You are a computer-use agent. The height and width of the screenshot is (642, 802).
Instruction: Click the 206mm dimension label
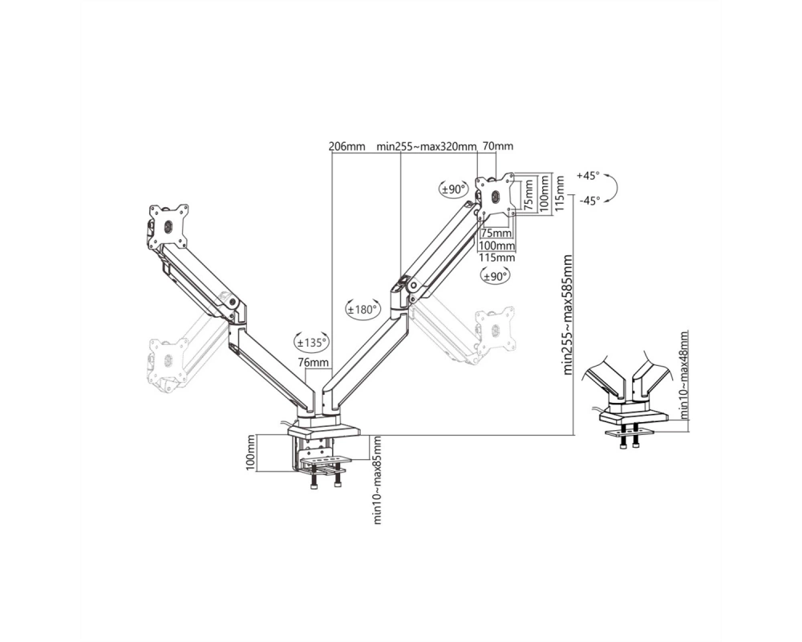coord(346,146)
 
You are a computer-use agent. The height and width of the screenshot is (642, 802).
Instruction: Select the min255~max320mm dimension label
coord(427,146)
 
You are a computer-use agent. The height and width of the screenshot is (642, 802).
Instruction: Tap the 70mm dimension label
coord(498,146)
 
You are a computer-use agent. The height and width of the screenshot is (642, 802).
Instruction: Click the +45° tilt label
coord(588,176)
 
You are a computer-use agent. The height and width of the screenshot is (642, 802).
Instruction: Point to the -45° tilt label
coord(589,201)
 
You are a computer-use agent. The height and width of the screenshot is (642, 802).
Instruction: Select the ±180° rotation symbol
coord(363,309)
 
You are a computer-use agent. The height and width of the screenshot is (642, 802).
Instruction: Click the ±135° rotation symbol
coord(311,342)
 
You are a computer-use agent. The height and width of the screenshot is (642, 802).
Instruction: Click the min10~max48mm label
coord(684,374)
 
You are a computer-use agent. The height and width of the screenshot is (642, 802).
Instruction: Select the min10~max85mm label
coord(378,480)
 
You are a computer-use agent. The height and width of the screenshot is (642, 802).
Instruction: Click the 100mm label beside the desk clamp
coord(250,453)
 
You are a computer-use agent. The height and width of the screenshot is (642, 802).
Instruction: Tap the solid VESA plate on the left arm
coord(168,227)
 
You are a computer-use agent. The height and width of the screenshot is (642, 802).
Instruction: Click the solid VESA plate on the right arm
coord(495,197)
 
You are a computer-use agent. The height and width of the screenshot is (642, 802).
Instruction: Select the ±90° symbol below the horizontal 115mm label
coord(495,276)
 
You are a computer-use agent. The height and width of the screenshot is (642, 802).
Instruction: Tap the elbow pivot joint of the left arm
coord(233,302)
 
